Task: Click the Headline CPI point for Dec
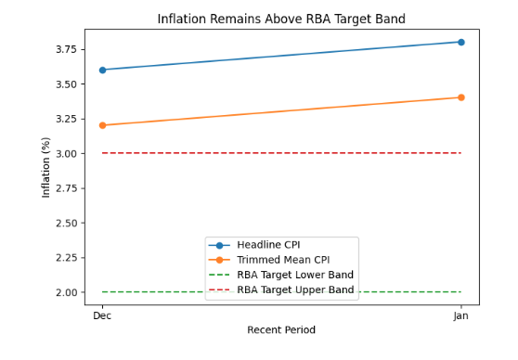click(102, 70)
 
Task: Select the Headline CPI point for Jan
click(460, 42)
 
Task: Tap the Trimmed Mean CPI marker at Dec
click(102, 125)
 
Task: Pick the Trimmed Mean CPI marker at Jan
click(460, 97)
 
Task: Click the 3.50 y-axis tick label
click(66, 84)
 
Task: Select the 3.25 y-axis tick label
click(66, 119)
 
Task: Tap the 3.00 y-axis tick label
click(66, 154)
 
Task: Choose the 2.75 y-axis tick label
click(66, 188)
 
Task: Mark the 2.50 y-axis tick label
click(66, 224)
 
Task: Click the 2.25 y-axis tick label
click(66, 258)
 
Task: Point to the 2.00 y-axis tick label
click(66, 293)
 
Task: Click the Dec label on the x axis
click(102, 316)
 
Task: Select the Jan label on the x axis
click(460, 316)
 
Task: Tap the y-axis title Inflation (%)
click(46, 167)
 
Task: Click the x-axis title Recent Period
click(281, 330)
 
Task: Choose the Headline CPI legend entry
click(268, 245)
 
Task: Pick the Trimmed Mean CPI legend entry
click(282, 261)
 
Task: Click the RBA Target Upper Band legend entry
click(295, 290)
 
